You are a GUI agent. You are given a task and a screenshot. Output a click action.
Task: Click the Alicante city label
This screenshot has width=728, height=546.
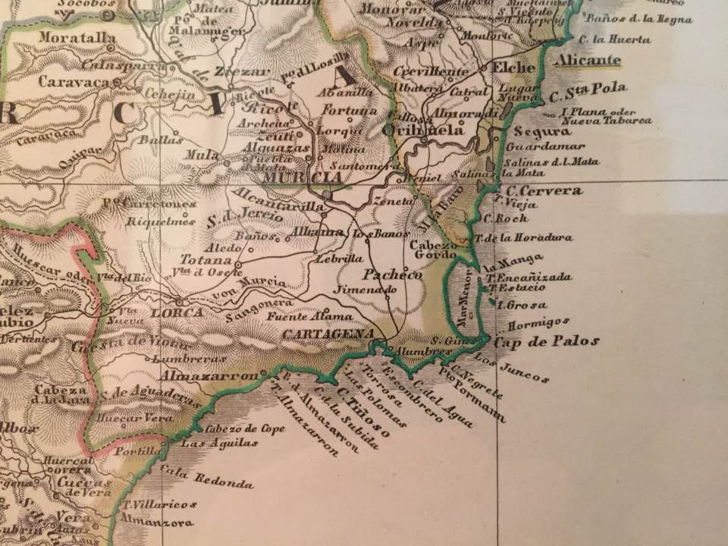pos(587,60)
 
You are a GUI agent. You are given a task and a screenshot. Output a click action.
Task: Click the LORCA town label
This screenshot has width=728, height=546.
pos(176,312)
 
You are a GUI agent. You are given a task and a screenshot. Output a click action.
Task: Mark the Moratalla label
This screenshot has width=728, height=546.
pos(67,37)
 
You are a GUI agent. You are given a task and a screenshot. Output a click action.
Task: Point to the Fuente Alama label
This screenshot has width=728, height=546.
pos(309,316)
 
